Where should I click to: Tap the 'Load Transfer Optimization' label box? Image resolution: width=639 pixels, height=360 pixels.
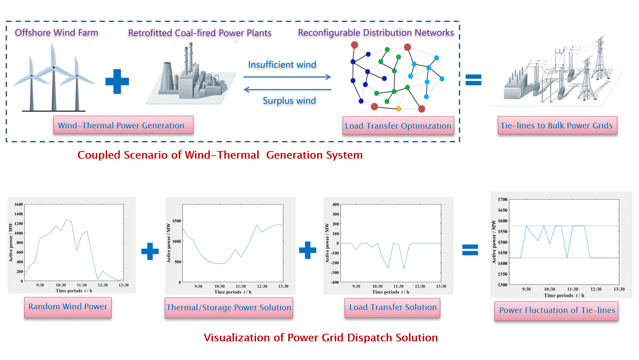coord(398,126)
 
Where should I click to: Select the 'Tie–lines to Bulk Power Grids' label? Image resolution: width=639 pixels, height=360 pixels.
coord(557,125)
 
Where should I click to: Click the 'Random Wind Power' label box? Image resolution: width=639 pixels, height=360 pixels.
coord(68,307)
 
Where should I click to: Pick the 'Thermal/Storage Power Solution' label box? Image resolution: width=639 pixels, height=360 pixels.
coord(229,307)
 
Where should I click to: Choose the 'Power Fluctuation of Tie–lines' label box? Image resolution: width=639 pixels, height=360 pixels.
coord(556,310)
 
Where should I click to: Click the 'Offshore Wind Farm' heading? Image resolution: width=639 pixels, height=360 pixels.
coord(56,33)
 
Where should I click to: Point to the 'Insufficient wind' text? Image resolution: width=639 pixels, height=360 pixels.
coord(282,65)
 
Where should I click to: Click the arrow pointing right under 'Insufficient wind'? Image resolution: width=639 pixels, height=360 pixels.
coord(287,77)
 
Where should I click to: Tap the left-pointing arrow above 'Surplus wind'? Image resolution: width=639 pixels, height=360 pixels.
coord(287,89)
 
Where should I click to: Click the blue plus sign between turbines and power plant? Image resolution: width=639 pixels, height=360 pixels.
coord(117,81)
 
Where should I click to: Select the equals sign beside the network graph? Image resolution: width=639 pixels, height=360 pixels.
coord(473,80)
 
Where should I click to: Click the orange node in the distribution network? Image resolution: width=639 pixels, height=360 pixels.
coord(398,109)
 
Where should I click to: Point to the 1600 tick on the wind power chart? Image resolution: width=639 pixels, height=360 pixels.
coord(19,204)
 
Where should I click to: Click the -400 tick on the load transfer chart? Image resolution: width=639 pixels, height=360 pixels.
coord(335,282)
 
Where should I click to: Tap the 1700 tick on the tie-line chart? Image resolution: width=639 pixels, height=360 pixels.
coord(502,200)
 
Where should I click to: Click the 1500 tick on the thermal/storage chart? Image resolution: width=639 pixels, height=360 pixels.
coord(177,221)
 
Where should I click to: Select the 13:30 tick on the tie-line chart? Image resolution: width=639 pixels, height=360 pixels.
coord(619,289)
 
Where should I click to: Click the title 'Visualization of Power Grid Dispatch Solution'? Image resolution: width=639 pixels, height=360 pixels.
coord(321,338)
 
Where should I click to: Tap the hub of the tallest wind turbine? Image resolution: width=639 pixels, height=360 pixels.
coord(54,67)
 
